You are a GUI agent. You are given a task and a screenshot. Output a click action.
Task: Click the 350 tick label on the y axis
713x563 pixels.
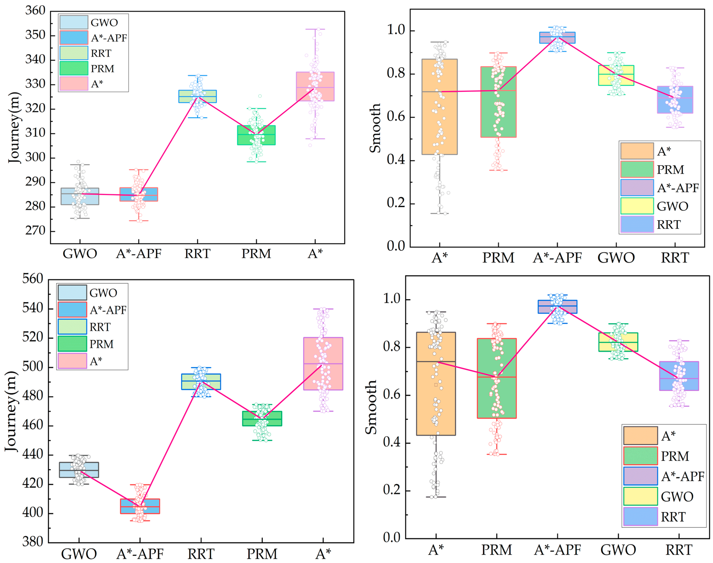point(35,35)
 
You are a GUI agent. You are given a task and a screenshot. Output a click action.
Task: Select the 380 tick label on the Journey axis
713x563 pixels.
point(33,542)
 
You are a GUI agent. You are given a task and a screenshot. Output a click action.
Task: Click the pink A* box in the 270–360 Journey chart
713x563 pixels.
point(315,86)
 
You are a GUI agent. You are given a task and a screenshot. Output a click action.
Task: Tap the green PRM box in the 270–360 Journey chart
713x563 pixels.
point(256,135)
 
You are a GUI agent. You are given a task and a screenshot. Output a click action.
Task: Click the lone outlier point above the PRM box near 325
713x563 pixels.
point(260,96)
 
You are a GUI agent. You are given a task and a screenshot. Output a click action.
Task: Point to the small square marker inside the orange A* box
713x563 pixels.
point(436,385)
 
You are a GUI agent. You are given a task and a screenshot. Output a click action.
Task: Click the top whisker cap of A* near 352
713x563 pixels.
point(315,29)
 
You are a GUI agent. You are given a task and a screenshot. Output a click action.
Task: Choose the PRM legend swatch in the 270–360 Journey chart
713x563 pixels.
point(74,69)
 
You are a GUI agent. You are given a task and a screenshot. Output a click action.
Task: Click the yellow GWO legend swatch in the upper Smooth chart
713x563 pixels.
point(637,206)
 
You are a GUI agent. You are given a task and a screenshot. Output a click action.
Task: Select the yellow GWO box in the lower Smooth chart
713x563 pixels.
point(618,342)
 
